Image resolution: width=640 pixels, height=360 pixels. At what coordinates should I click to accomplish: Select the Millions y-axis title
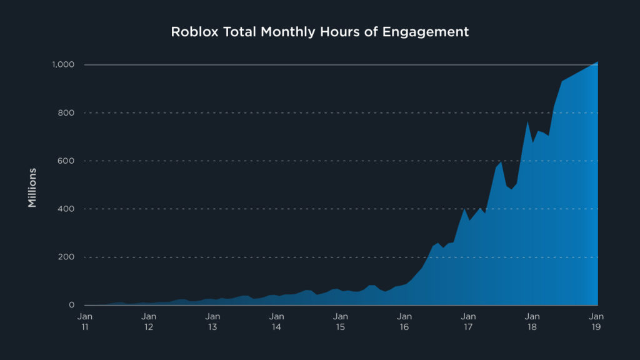click(32, 187)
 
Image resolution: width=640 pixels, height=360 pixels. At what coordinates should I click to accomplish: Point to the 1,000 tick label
click(64, 65)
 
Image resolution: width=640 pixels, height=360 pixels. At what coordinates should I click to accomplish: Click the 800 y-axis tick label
click(67, 113)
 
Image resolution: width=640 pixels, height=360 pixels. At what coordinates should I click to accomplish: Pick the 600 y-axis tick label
click(67, 161)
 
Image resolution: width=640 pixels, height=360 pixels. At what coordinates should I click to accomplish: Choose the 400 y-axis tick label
click(67, 209)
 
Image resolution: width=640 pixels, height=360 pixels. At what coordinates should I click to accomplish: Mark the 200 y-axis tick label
click(67, 257)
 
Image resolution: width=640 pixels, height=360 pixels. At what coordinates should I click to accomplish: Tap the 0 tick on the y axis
click(72, 305)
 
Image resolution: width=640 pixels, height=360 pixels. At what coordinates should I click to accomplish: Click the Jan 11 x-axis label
click(86, 322)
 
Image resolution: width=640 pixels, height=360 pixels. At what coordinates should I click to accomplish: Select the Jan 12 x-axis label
click(149, 322)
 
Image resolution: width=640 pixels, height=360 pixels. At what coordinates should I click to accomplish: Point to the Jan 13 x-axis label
click(212, 322)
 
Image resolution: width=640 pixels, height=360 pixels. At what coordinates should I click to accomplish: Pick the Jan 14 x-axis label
click(276, 322)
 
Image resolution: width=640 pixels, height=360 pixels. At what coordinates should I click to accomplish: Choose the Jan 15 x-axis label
click(341, 322)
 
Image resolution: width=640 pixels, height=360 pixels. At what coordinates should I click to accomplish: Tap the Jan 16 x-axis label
click(404, 322)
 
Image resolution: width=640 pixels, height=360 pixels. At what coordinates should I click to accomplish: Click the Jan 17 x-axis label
click(468, 322)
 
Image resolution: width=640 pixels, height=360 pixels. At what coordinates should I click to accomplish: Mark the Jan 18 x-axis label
click(532, 322)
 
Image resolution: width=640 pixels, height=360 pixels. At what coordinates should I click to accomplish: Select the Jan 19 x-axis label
click(596, 322)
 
